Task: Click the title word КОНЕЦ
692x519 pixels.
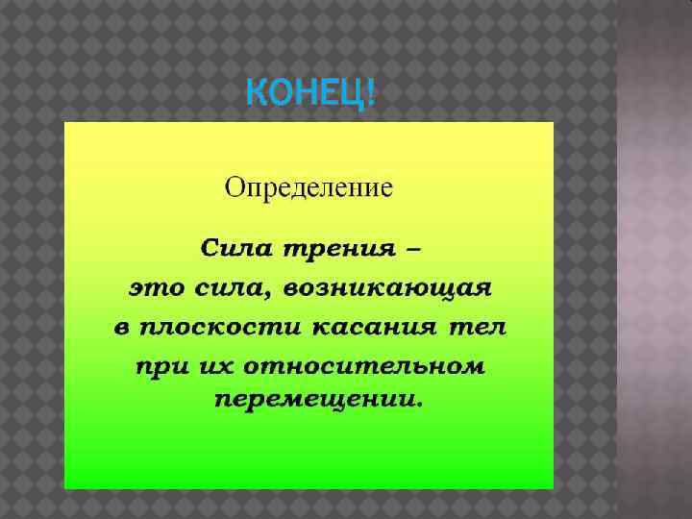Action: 306,96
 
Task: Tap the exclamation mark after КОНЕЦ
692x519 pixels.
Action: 372,96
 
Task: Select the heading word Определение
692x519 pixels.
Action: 309,185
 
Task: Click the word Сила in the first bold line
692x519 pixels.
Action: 236,249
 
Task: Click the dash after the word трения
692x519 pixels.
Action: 411,249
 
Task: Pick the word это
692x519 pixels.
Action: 154,287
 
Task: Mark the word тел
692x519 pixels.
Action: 477,327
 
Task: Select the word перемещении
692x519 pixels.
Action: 311,399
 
